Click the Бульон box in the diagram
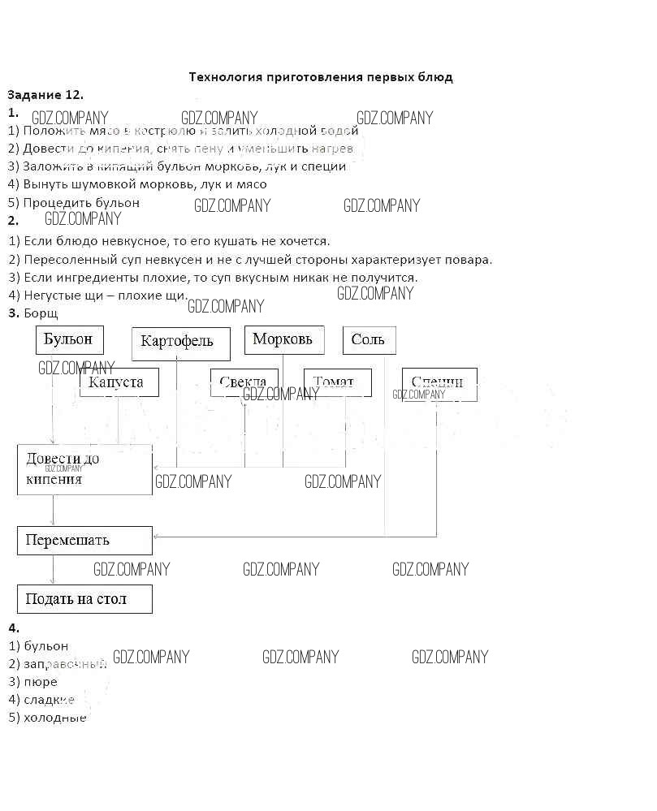click(x=70, y=339)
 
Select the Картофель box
click(x=180, y=343)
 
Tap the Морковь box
click(x=283, y=339)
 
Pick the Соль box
click(x=369, y=339)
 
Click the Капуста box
click(x=119, y=382)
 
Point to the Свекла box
click(x=244, y=382)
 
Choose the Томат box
click(x=337, y=382)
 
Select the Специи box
click(x=439, y=383)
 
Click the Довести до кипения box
click(x=84, y=469)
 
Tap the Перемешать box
click(x=84, y=540)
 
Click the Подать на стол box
click(x=84, y=599)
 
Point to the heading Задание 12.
click(x=45, y=95)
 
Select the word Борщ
click(x=41, y=313)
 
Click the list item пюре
click(x=41, y=682)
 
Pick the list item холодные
click(x=54, y=718)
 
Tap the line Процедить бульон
click(x=81, y=202)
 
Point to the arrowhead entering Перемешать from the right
click(x=156, y=537)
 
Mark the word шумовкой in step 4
click(x=89, y=184)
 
